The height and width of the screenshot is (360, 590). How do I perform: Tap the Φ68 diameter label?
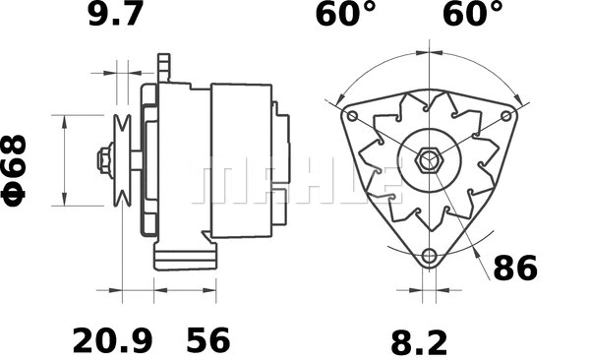click(17, 168)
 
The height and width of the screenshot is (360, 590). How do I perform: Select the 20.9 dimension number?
click(112, 340)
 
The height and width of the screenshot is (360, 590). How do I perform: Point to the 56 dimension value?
click(207, 340)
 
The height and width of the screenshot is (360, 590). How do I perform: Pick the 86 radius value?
click(515, 268)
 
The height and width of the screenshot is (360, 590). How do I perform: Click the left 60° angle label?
click(345, 16)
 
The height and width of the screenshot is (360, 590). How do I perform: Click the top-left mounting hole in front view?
click(350, 115)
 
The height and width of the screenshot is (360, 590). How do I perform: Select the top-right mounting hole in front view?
click(506, 116)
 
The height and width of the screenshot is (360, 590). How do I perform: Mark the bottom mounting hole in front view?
click(428, 257)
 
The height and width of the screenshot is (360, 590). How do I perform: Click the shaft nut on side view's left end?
click(104, 159)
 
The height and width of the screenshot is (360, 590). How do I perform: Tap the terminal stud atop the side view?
click(163, 68)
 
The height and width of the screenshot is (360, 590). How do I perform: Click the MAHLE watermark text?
click(295, 182)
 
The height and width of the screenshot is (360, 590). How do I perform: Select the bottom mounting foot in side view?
click(184, 259)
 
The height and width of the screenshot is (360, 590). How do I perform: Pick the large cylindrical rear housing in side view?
click(241, 159)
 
